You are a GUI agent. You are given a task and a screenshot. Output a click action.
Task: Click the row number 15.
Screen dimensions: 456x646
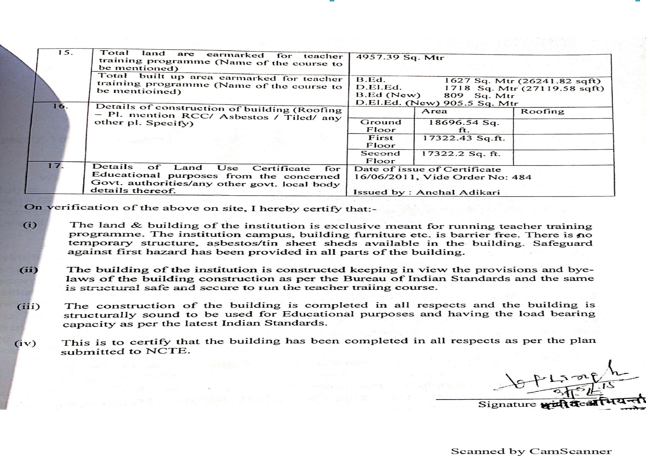65,52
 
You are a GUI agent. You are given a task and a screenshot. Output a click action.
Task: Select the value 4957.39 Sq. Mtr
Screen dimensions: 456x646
400,57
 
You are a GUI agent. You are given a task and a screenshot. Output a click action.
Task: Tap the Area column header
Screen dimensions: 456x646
434,111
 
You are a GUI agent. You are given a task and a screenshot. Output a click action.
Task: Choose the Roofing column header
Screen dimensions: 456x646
542,111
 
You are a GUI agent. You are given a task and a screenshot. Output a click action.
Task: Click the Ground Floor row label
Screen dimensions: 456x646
380,126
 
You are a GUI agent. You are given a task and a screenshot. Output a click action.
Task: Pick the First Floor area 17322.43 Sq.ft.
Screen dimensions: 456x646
464,138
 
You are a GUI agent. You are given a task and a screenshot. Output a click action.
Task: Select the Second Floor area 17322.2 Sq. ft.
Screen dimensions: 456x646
461,154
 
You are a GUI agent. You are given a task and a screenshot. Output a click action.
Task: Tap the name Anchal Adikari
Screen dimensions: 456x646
458,192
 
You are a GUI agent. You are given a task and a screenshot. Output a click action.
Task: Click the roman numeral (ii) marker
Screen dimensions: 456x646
29,270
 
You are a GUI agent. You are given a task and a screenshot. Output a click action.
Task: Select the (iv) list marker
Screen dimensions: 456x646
25,343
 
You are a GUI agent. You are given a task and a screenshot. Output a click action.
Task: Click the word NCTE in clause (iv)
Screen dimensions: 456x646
168,352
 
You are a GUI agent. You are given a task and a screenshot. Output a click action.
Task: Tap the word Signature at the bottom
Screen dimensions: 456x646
507,404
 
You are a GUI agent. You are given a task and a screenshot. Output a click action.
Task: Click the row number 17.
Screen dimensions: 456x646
55,166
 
